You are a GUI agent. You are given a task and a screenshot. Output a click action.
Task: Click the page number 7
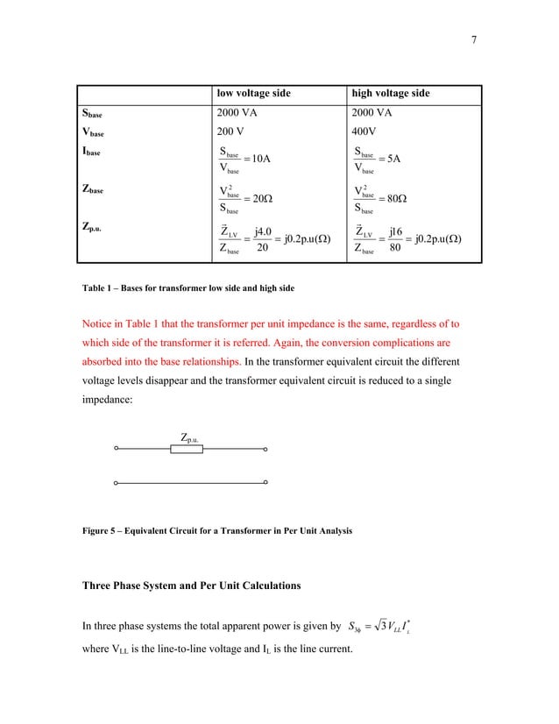473,39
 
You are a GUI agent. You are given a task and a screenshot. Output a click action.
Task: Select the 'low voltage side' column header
254,94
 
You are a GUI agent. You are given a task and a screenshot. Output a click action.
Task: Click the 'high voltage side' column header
390,94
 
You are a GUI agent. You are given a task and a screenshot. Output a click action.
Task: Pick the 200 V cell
231,132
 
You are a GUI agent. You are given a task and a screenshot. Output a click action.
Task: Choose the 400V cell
366,132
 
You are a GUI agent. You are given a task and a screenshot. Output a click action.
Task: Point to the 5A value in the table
392,159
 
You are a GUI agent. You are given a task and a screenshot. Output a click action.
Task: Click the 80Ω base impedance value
394,198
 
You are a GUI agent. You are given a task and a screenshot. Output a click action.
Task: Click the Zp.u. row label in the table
96,227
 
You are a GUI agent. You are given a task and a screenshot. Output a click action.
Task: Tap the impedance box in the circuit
187,450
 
